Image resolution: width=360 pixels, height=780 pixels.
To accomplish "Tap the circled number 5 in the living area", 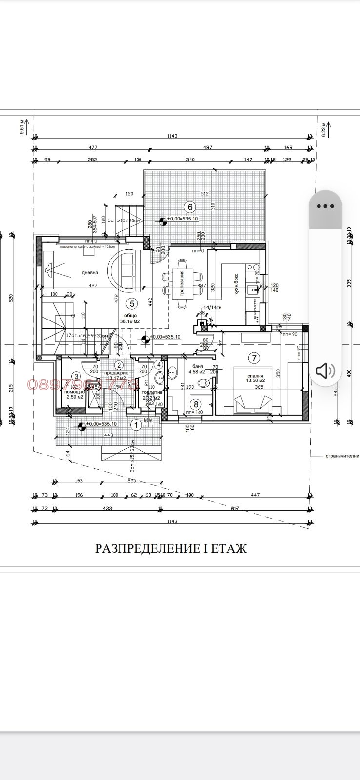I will coord(131,303).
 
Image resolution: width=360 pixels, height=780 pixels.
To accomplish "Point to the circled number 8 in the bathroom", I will coord(196,404).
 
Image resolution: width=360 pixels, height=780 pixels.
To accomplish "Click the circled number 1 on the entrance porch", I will coord(137,425).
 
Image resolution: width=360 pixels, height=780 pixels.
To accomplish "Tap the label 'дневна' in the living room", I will coord(90,273).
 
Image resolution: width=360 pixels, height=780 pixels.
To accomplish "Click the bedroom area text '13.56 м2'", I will coord(255,380).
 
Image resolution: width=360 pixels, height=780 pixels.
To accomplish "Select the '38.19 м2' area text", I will coord(130,321).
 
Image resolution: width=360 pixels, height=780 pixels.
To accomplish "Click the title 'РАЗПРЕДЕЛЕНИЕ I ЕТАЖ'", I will coord(171,548).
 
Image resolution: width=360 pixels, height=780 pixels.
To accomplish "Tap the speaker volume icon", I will coord(325,371).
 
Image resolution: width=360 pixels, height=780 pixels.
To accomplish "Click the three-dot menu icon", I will coord(325,206).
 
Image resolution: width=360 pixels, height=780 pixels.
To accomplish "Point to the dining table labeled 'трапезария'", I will coord(182,283).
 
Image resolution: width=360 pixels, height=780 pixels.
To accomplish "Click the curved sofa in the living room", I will coord(125,270).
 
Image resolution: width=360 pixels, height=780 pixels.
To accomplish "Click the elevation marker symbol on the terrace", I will coord(163,220).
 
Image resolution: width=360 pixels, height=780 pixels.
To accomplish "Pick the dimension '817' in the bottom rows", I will coord(234,508).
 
